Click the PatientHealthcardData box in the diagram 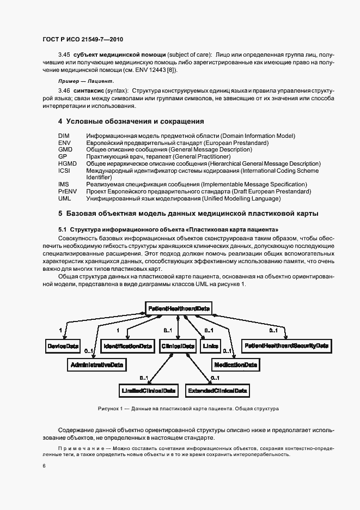pyautogui.click(x=179, y=308)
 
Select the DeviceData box pyautogui.click(x=63, y=346)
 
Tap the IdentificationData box pyautogui.click(x=128, y=346)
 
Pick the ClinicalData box pyautogui.click(x=178, y=346)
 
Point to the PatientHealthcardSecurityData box pyautogui.click(x=286, y=346)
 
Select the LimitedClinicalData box pyautogui.click(x=148, y=390)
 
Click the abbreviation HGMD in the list pyautogui.click(x=67, y=163)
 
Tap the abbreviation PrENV pyautogui.click(x=66, y=191)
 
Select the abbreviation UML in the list pyautogui.click(x=64, y=198)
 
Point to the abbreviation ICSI pyautogui.click(x=64, y=171)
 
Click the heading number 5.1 pyautogui.click(x=62, y=229)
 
